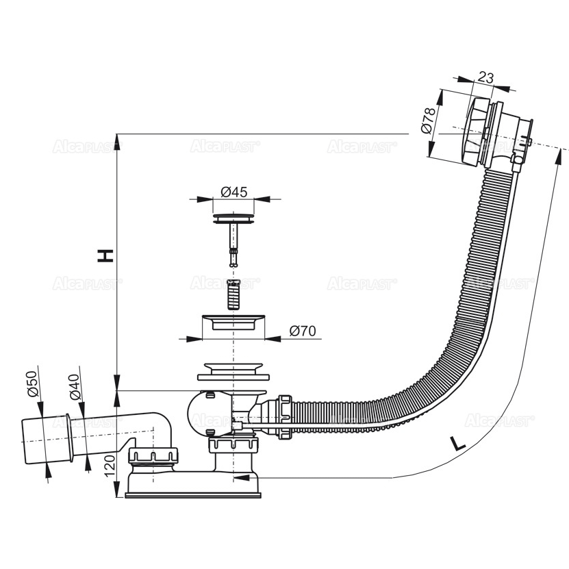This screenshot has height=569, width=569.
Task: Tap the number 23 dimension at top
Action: pyautogui.click(x=485, y=77)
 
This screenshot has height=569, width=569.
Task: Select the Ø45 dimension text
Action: pyautogui.click(x=234, y=192)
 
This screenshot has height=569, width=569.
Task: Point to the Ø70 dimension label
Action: pyautogui.click(x=302, y=331)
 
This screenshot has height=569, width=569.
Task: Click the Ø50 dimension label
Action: pyautogui.click(x=31, y=385)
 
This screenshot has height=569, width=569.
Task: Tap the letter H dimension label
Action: pyautogui.click(x=105, y=256)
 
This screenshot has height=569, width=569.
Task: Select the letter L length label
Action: pyautogui.click(x=458, y=444)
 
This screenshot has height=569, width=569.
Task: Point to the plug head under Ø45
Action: pyautogui.click(x=235, y=218)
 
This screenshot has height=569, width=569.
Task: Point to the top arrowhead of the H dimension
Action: pyautogui.click(x=118, y=142)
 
